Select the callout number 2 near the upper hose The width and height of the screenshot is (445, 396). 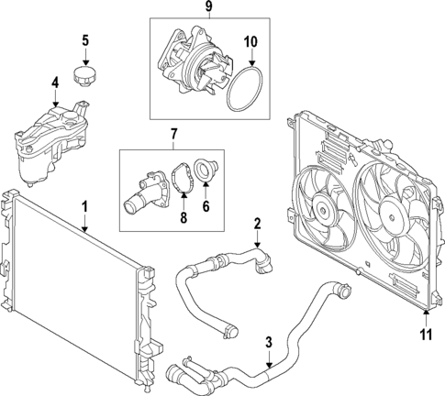[x=258, y=224]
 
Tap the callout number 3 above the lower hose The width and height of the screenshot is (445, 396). [x=268, y=343]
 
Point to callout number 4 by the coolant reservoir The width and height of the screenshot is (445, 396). [x=55, y=83]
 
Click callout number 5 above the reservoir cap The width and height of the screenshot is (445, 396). [x=85, y=40]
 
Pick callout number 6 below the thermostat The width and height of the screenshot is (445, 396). [x=205, y=207]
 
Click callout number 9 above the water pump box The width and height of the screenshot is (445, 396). [x=208, y=8]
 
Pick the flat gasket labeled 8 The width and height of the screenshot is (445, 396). [x=180, y=180]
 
